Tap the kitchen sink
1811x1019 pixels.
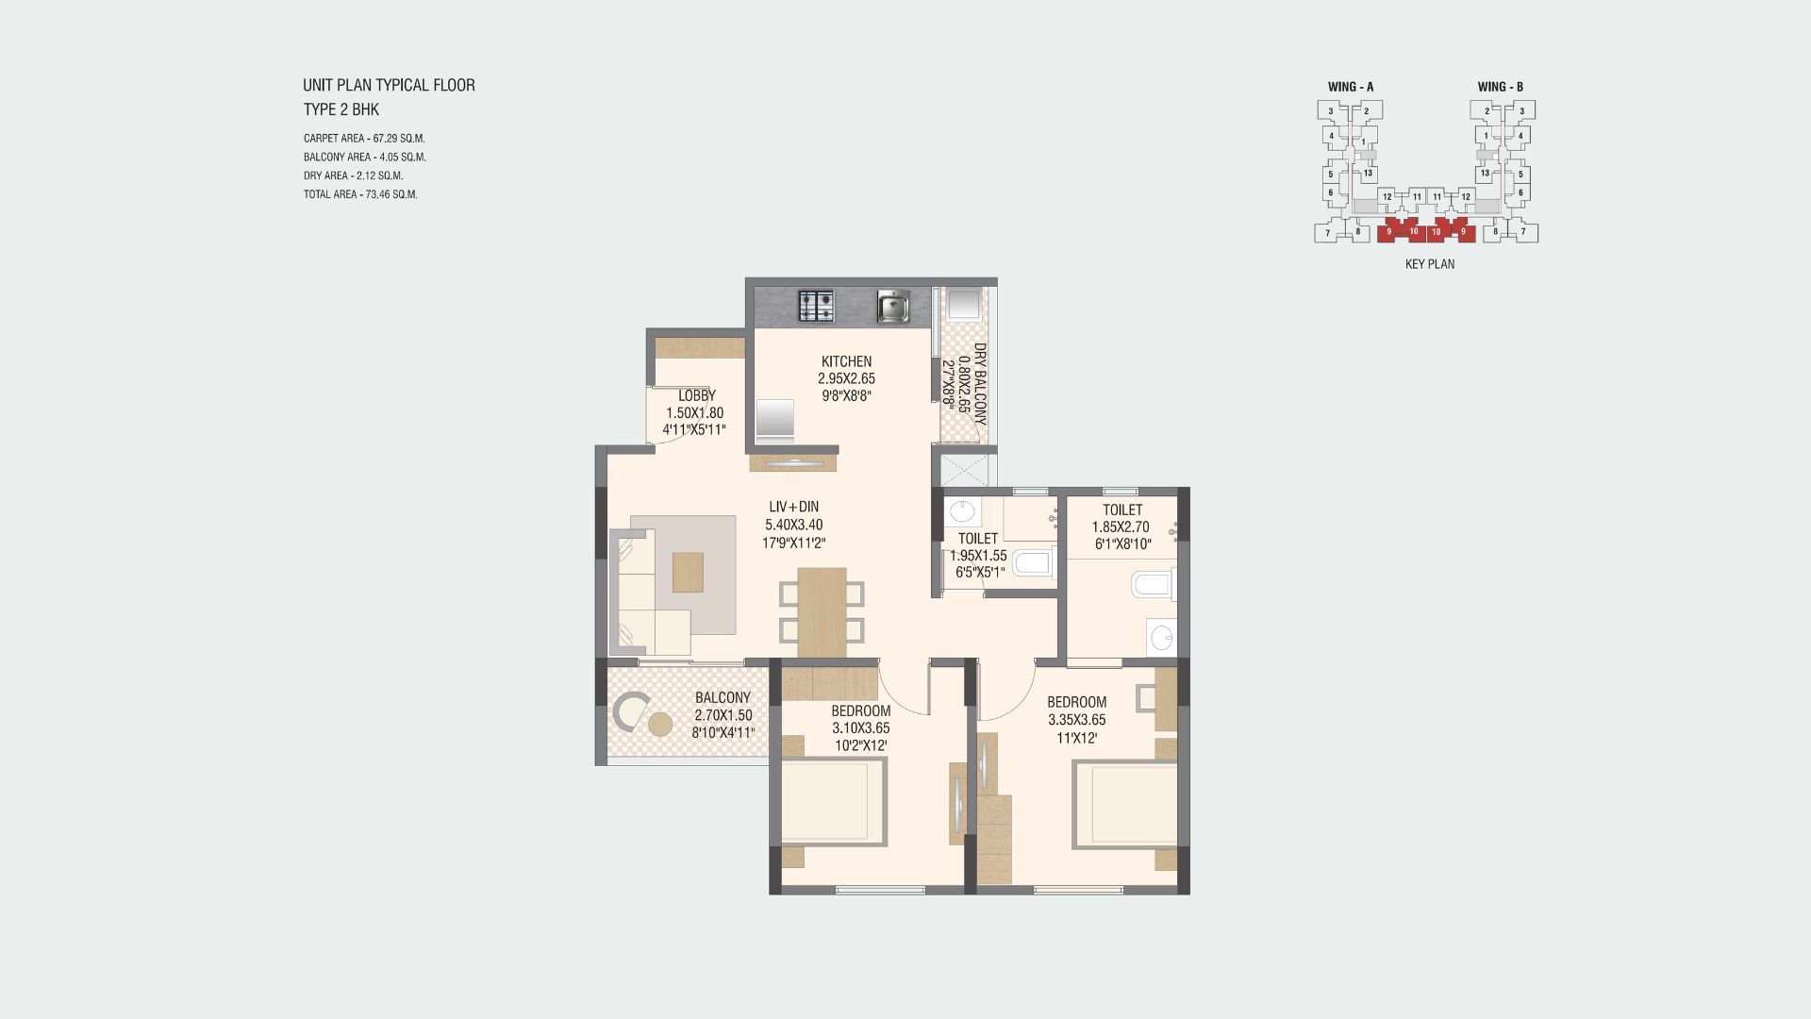[892, 306]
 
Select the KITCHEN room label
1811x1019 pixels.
[846, 361]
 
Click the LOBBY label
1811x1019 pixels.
[697, 395]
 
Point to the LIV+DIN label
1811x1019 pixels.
[793, 507]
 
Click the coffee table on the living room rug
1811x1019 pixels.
[688, 572]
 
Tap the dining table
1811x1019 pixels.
[822, 612]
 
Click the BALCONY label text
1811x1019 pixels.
[723, 698]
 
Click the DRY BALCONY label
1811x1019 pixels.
[980, 383]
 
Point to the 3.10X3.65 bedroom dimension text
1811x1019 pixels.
[860, 728]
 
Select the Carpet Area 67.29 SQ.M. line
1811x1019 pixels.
[364, 139]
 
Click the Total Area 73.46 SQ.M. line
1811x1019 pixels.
[360, 194]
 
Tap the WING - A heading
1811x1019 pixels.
[1351, 87]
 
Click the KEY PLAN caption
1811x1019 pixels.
[1430, 264]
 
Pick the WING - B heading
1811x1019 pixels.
[1501, 87]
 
